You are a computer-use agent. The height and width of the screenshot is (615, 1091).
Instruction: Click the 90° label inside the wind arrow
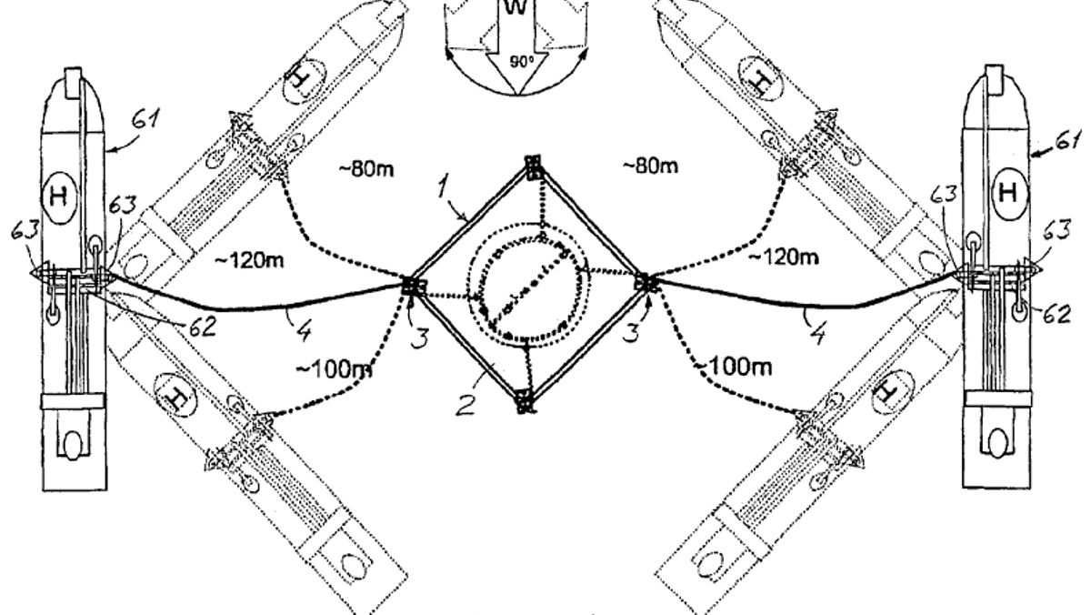[x=522, y=61]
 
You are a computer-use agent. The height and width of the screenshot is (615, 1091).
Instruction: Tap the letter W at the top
[x=515, y=6]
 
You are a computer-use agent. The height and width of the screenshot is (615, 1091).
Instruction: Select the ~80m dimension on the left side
[x=366, y=169]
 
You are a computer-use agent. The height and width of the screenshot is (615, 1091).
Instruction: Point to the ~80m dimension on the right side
[x=650, y=166]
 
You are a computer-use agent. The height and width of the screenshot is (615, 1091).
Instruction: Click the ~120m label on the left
[x=249, y=261]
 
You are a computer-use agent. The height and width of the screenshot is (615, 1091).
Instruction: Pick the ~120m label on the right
[x=784, y=257]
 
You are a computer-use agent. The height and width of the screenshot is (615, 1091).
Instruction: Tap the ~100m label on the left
[x=335, y=370]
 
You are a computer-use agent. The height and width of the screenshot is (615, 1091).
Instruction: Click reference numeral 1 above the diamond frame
[x=442, y=187]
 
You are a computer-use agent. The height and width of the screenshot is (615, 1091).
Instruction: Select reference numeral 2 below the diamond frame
[x=465, y=406]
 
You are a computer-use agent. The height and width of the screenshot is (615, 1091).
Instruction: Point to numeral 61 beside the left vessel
[x=145, y=118]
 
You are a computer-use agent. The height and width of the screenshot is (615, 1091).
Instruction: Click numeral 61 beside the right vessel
[x=1069, y=141]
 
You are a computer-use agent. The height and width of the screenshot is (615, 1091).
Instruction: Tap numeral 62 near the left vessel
[x=202, y=327]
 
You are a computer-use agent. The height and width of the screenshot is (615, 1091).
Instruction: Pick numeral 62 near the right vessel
[x=1056, y=314]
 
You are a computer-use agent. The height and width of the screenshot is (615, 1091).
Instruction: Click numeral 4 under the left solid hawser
[x=303, y=330]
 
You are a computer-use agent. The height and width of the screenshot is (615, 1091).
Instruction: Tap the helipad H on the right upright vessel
[x=1007, y=192]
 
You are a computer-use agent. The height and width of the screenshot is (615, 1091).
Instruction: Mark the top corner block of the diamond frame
[x=534, y=168]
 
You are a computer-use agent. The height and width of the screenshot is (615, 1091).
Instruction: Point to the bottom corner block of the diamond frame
[x=525, y=401]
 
